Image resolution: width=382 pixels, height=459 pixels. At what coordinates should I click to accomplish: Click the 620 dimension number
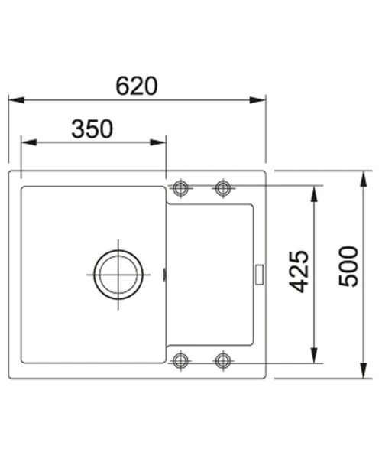click(x=137, y=86)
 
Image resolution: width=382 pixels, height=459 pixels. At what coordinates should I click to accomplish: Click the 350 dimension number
click(x=92, y=129)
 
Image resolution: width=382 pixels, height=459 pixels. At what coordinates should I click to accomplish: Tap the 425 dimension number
click(x=299, y=272)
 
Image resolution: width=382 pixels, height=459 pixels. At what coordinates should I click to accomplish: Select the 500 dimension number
click(x=348, y=266)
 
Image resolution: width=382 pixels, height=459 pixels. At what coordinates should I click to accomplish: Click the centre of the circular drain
click(x=118, y=275)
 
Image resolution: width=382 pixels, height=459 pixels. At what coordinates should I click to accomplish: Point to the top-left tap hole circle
click(x=180, y=188)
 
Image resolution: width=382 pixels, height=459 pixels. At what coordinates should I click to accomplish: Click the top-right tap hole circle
click(x=223, y=188)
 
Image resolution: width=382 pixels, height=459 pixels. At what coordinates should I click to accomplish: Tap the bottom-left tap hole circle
click(x=180, y=360)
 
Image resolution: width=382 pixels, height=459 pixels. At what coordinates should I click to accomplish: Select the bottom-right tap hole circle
click(x=223, y=360)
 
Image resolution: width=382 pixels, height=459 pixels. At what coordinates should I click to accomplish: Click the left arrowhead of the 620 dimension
click(x=16, y=100)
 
